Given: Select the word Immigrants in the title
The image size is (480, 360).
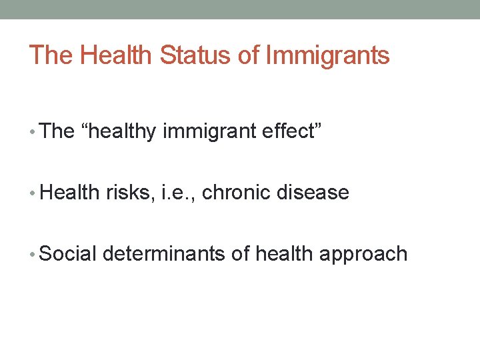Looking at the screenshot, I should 327,55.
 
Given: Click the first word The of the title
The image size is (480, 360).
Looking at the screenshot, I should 51,55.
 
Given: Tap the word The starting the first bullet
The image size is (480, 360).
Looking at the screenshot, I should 57,131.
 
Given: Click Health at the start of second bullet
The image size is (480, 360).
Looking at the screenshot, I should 70,193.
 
